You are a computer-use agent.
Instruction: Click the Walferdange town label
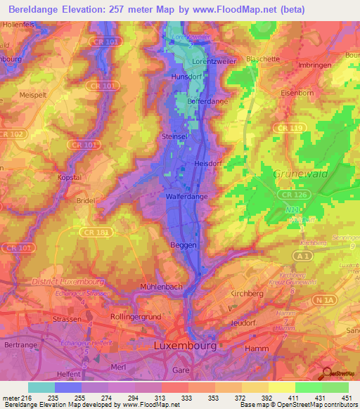pyautogui.click(x=186, y=197)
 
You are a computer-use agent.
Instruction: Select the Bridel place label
pyautogui.click(x=86, y=200)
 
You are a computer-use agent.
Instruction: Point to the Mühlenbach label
pyautogui.click(x=161, y=287)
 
